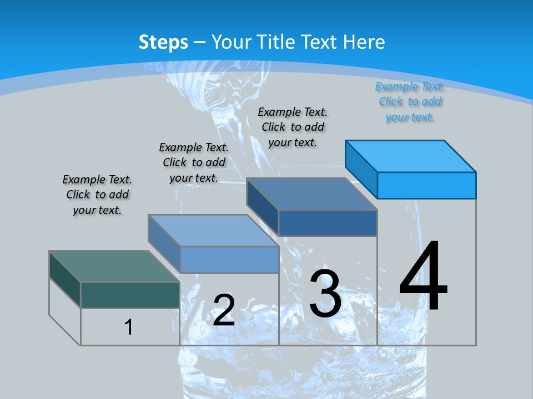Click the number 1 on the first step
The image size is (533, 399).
tap(129, 327)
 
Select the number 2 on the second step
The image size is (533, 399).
tap(224, 310)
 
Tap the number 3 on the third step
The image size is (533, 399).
tap(325, 294)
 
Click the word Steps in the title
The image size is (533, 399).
tap(163, 42)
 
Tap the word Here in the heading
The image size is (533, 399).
tap(364, 42)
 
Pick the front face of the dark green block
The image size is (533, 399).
tap(130, 295)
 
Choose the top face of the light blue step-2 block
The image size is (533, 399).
tap(213, 231)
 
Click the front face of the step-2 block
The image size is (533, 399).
tap(229, 259)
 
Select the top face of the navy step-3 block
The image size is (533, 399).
tap(311, 194)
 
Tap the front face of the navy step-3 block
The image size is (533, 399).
tap(328, 223)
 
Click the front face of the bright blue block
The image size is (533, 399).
tap(426, 185)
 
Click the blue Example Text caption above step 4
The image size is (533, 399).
tap(410, 102)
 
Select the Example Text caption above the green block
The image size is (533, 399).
tap(97, 195)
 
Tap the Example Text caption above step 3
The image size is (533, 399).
tap(293, 127)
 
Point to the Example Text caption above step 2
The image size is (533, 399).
tap(194, 162)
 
